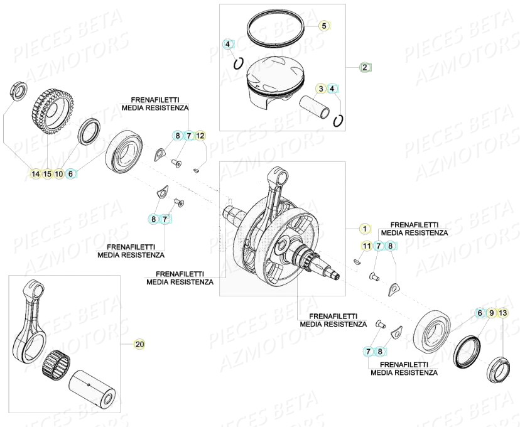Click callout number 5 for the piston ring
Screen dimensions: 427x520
tap(324, 26)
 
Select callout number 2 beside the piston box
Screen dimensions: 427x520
tap(365, 67)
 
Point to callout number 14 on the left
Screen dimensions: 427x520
tap(36, 174)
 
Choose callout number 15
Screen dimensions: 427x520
tap(47, 174)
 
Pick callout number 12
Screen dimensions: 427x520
tap(200, 136)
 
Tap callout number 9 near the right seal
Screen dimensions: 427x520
tap(491, 312)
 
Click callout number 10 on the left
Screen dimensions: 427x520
tap(59, 174)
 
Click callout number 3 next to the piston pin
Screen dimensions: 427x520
tap(321, 89)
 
